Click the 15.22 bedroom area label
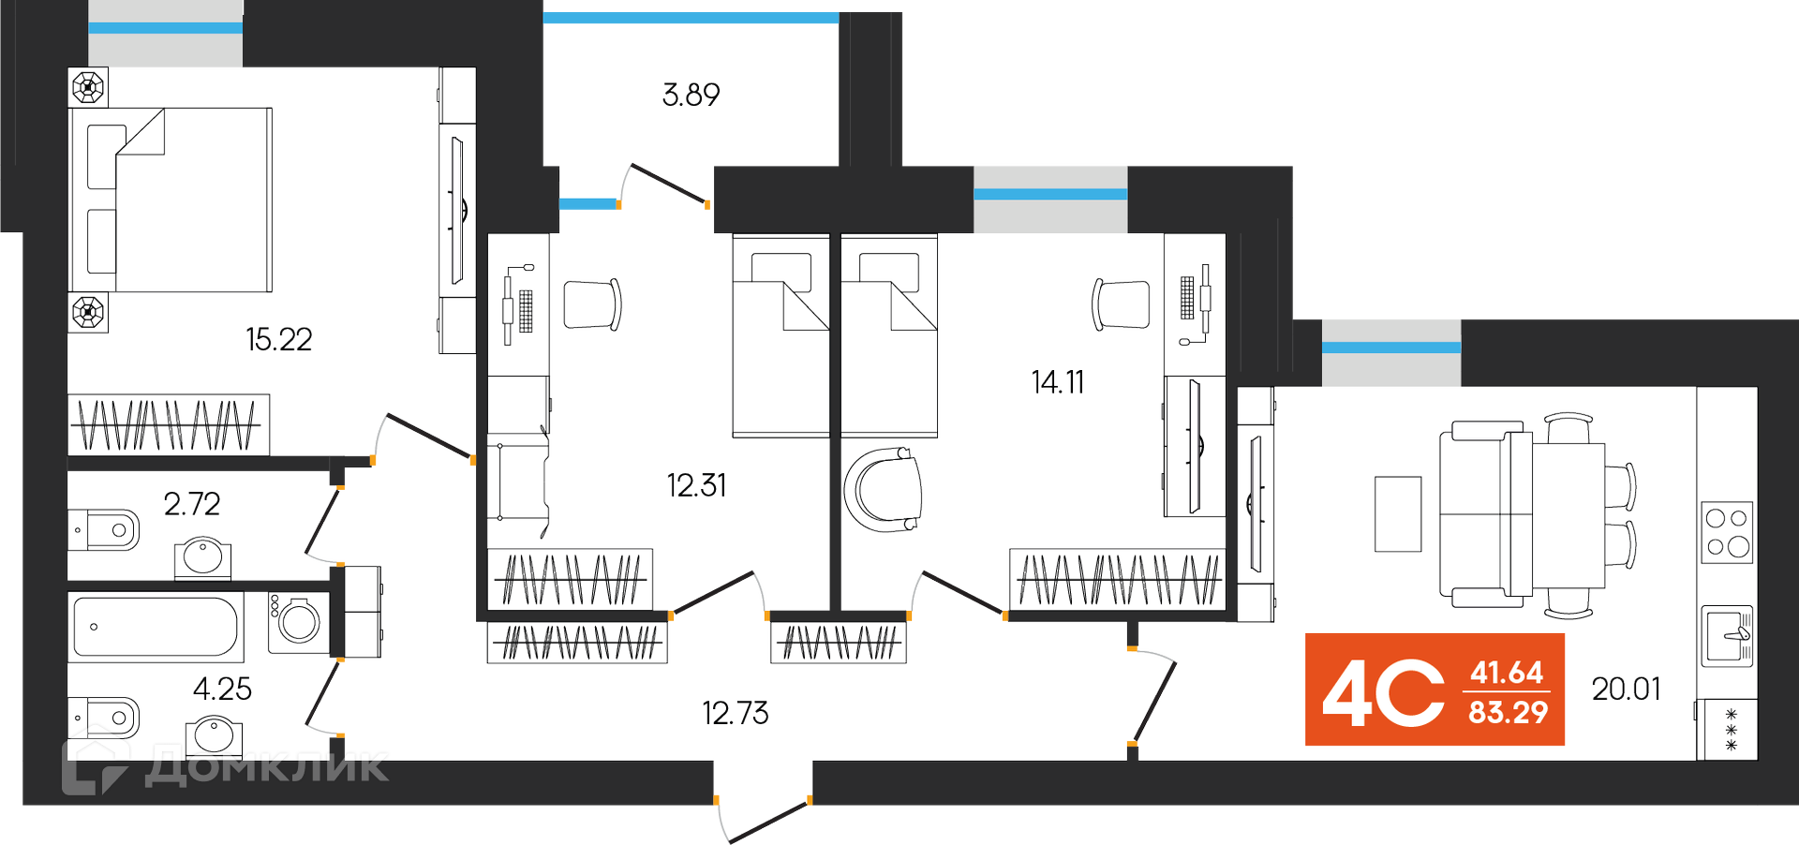click(278, 339)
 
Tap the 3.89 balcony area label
click(691, 95)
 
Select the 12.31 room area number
click(695, 485)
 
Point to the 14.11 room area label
click(1057, 382)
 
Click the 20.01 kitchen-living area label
click(1626, 689)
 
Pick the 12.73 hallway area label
click(735, 714)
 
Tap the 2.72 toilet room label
click(191, 505)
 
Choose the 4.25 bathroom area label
click(222, 689)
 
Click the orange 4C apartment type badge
click(1384, 691)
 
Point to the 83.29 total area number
click(1508, 713)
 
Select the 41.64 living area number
click(1507, 673)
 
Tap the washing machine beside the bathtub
click(299, 621)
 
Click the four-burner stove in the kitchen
click(1727, 532)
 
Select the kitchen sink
click(1727, 635)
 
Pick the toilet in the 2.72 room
click(105, 530)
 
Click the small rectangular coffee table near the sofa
click(1397, 514)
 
